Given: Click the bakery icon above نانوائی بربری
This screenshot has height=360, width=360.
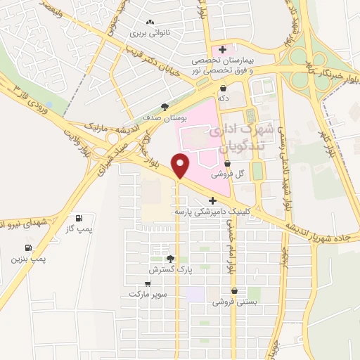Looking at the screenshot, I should coord(150,22).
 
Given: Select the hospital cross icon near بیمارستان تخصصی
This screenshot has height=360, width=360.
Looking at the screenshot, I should coord(223,49).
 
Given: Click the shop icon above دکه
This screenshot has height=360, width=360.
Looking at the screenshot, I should coord(223,89).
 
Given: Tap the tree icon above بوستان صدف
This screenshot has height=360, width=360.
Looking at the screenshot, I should coord(165,107).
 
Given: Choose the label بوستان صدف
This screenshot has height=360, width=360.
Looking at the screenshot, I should coord(163,118).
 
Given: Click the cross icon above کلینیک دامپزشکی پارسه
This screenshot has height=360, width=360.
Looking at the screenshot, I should coord(213,201).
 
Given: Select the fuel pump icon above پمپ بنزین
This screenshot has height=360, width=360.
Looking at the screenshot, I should coord(28,247).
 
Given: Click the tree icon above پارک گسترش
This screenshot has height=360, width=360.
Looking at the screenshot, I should coord(169,258).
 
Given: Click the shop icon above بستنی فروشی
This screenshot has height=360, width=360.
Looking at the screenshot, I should coord(233,291).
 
